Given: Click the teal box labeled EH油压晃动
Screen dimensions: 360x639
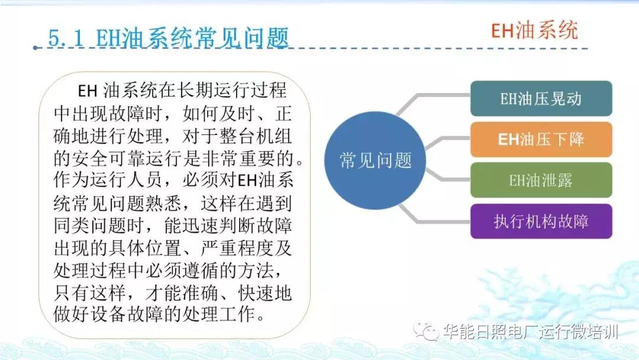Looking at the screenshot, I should click(541, 99).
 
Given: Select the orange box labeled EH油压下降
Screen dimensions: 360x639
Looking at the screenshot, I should click(541, 139).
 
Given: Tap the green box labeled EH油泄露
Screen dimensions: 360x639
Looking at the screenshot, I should click(541, 180).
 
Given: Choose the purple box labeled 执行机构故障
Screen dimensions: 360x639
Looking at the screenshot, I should click(541, 221).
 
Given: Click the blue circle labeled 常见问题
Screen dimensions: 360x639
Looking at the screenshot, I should click(375, 160).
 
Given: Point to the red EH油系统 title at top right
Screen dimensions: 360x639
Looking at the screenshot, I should click(534, 30).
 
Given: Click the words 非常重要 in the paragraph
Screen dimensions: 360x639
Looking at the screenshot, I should click(249, 159).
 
